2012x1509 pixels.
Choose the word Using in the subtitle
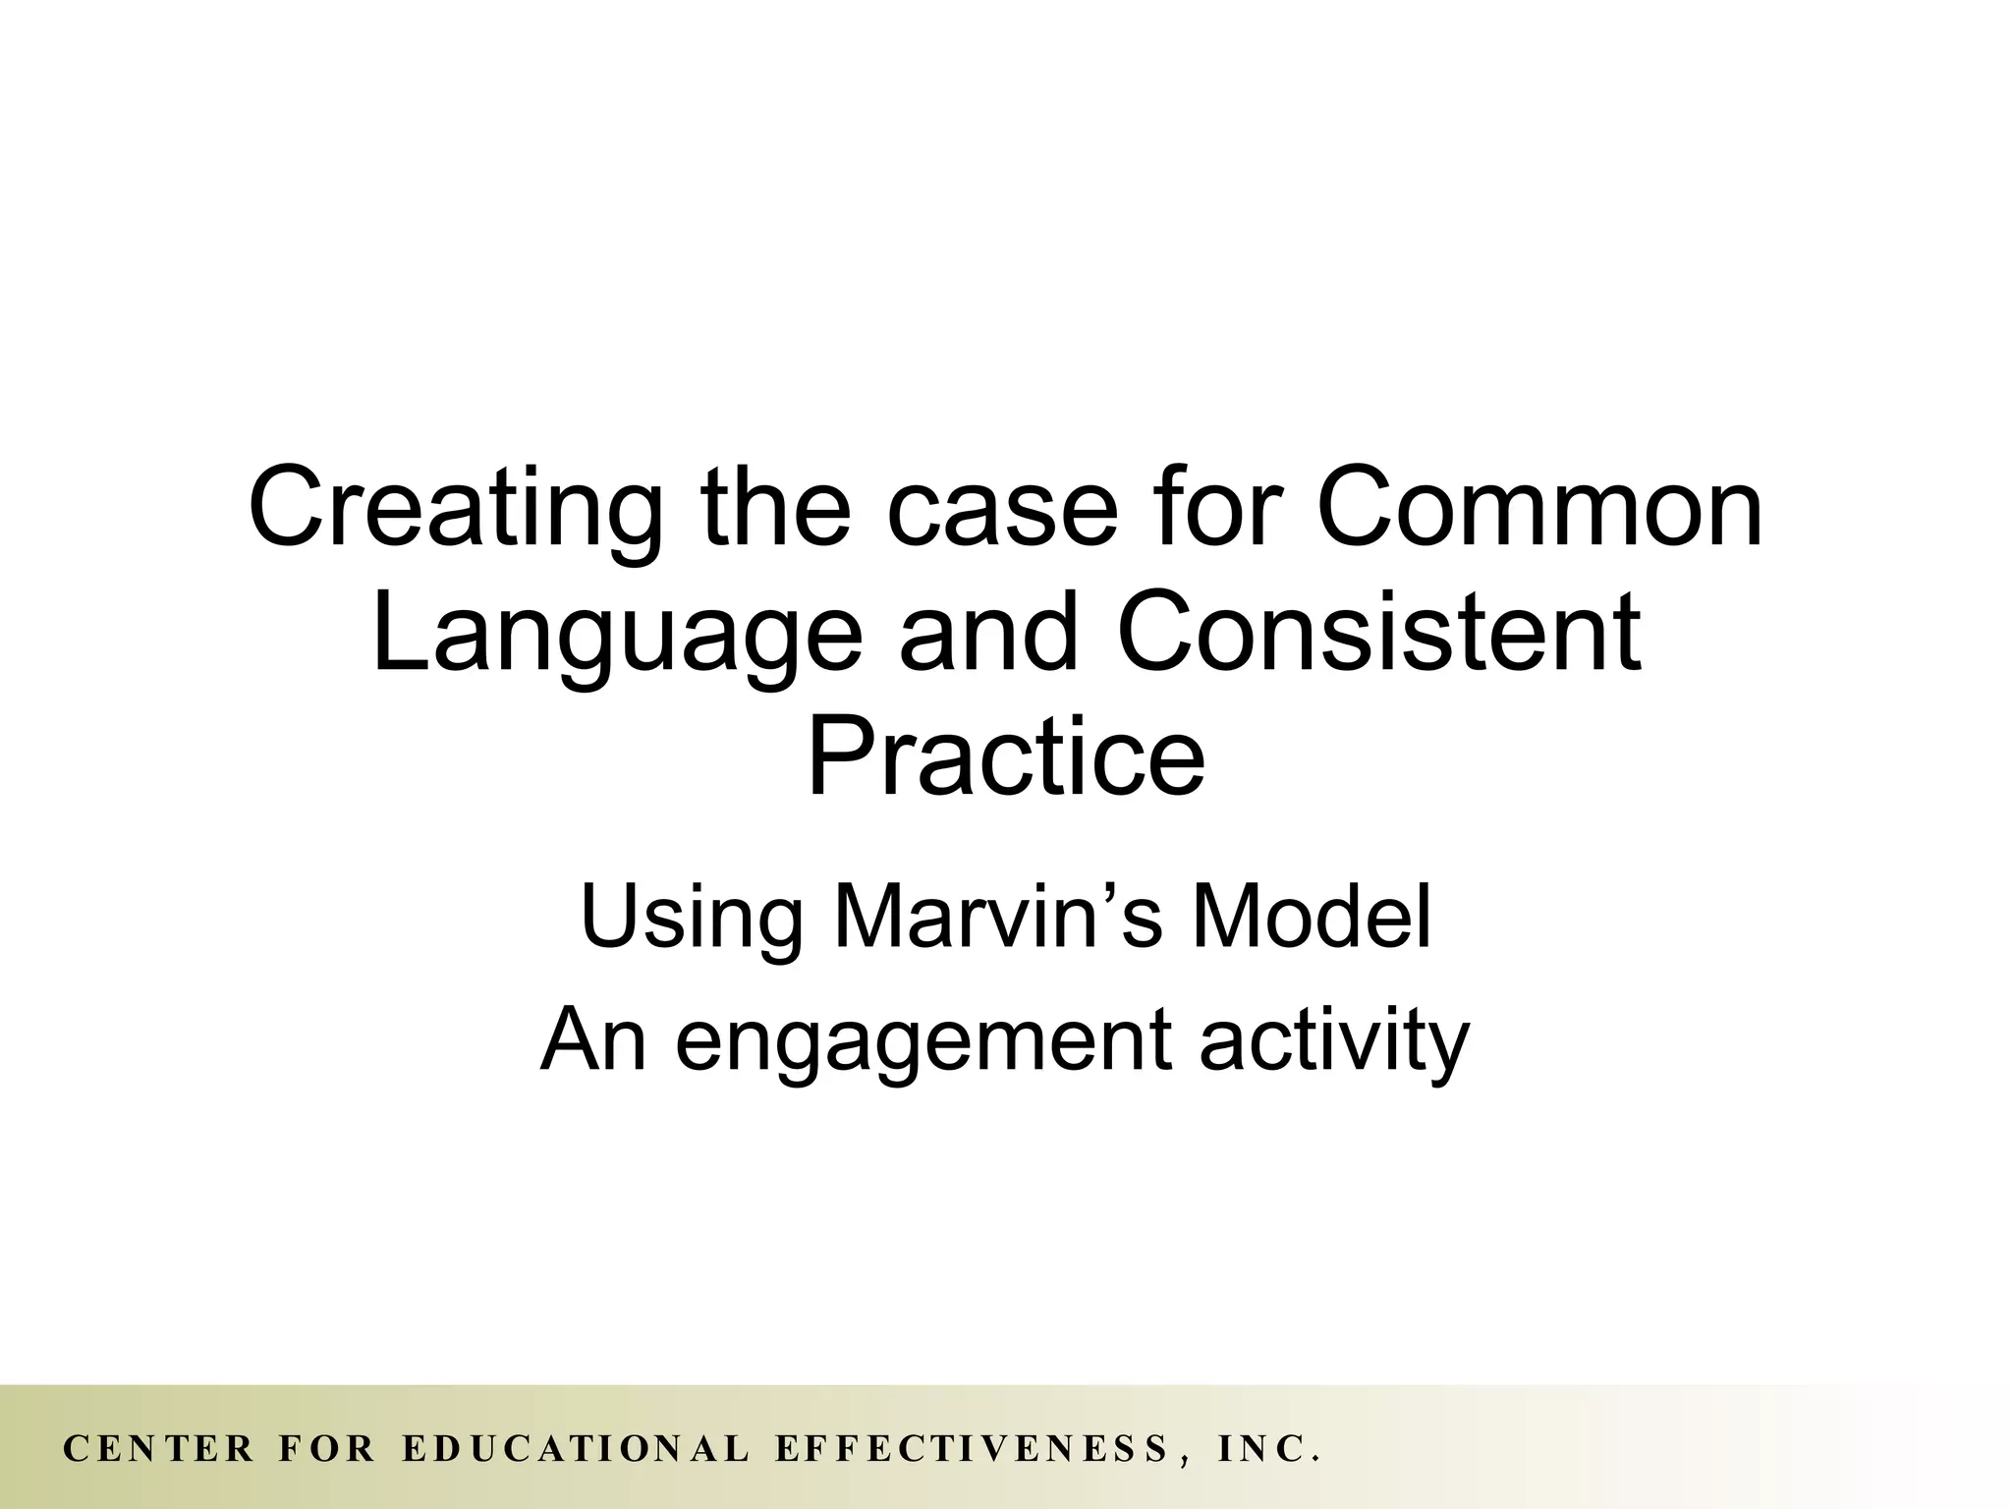click(x=689, y=916)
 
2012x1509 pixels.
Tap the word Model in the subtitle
click(x=1311, y=916)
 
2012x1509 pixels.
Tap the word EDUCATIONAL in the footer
click(x=577, y=1449)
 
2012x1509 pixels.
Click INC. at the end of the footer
click(x=1268, y=1449)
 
